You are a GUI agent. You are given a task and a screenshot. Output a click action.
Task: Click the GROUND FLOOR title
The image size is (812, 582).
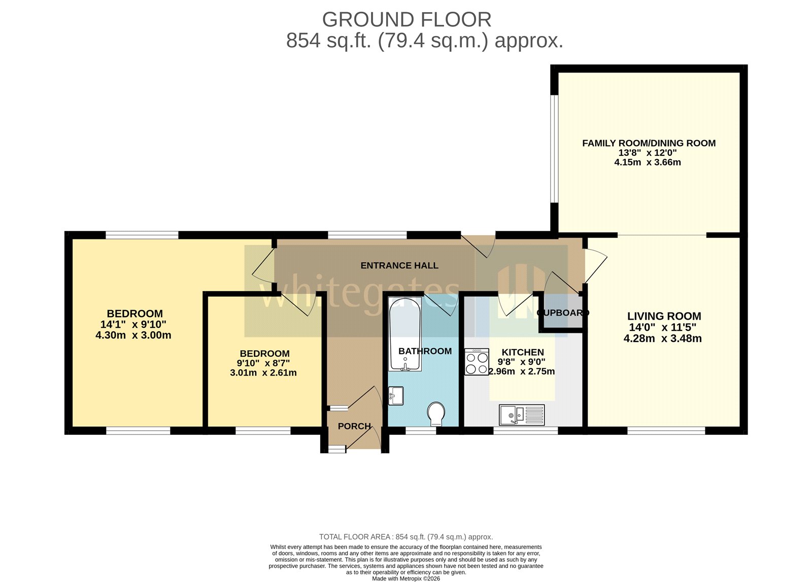click(x=407, y=20)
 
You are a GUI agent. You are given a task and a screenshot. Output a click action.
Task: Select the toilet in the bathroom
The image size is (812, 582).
click(x=435, y=414)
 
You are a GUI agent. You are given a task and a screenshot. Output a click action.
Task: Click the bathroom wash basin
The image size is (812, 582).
click(x=396, y=396)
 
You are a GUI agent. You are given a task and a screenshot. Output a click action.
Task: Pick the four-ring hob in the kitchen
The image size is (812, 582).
click(x=477, y=362)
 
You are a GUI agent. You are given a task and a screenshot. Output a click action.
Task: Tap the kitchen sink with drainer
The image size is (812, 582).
click(x=521, y=415)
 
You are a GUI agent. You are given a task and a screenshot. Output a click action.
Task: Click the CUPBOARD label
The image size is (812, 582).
click(x=562, y=313)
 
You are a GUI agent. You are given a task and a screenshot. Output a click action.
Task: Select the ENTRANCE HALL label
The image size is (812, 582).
click(x=399, y=265)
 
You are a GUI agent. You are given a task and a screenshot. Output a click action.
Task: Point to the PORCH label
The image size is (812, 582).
click(x=354, y=426)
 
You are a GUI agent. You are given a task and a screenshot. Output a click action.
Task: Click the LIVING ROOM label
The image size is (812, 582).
click(x=664, y=316)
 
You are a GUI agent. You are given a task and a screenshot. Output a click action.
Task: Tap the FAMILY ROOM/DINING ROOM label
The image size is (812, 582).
click(x=649, y=143)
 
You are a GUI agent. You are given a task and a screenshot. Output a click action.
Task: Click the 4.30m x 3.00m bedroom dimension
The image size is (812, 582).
click(x=133, y=335)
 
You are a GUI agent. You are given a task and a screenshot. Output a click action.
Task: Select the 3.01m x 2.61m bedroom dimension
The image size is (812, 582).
click(x=263, y=373)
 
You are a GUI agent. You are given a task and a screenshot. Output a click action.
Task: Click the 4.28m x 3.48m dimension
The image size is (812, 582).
click(x=662, y=339)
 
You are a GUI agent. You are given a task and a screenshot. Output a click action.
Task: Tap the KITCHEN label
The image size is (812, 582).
click(x=522, y=352)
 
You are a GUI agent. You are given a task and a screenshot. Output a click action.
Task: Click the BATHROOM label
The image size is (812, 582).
click(x=425, y=351)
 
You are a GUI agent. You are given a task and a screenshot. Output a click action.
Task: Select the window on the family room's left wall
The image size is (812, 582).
click(x=555, y=149)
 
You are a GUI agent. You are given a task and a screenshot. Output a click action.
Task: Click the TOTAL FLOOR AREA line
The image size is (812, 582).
click(x=405, y=537)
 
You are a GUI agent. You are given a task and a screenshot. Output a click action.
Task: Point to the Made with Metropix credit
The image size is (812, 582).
click(x=405, y=578)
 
